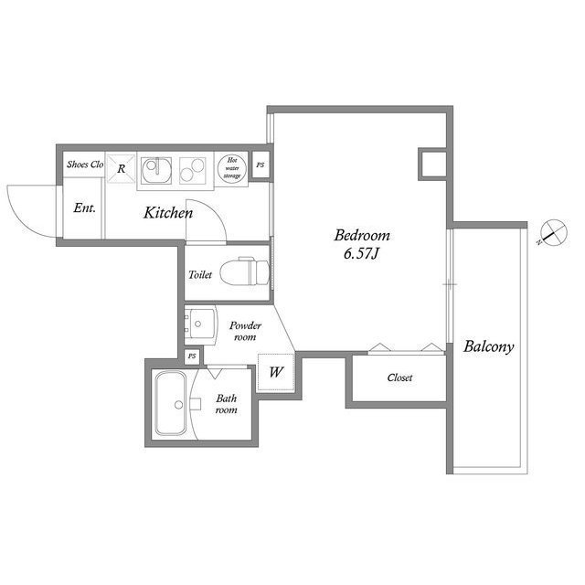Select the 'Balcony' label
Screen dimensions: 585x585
489,346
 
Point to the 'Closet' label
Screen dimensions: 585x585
399,378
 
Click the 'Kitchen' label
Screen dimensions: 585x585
167,213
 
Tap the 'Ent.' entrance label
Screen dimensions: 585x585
85,207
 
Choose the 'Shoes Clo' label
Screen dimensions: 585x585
84,165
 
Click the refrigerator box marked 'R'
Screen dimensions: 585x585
121,167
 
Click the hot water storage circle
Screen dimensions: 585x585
232,169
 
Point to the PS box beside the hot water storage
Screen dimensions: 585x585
261,165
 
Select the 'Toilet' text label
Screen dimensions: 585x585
200,274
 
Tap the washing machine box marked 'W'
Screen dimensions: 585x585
275,372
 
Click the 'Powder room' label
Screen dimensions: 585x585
245,331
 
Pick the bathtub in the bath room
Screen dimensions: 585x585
171,404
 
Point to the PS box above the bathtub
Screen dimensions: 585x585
192,356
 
